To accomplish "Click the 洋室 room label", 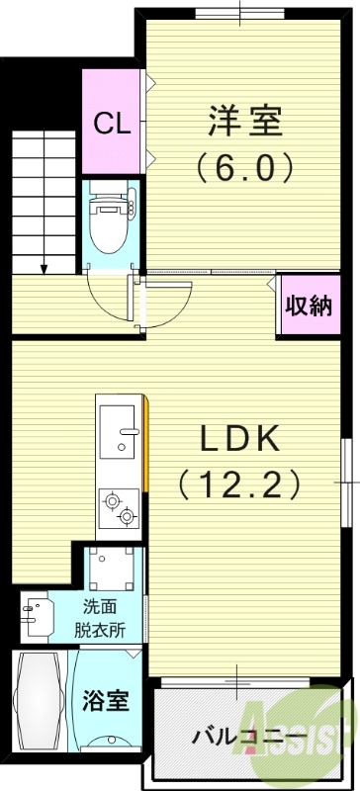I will point(244,123).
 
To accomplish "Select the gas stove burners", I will point(119,508).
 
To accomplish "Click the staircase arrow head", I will point(44,267).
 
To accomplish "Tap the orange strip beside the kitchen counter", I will point(146,445).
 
